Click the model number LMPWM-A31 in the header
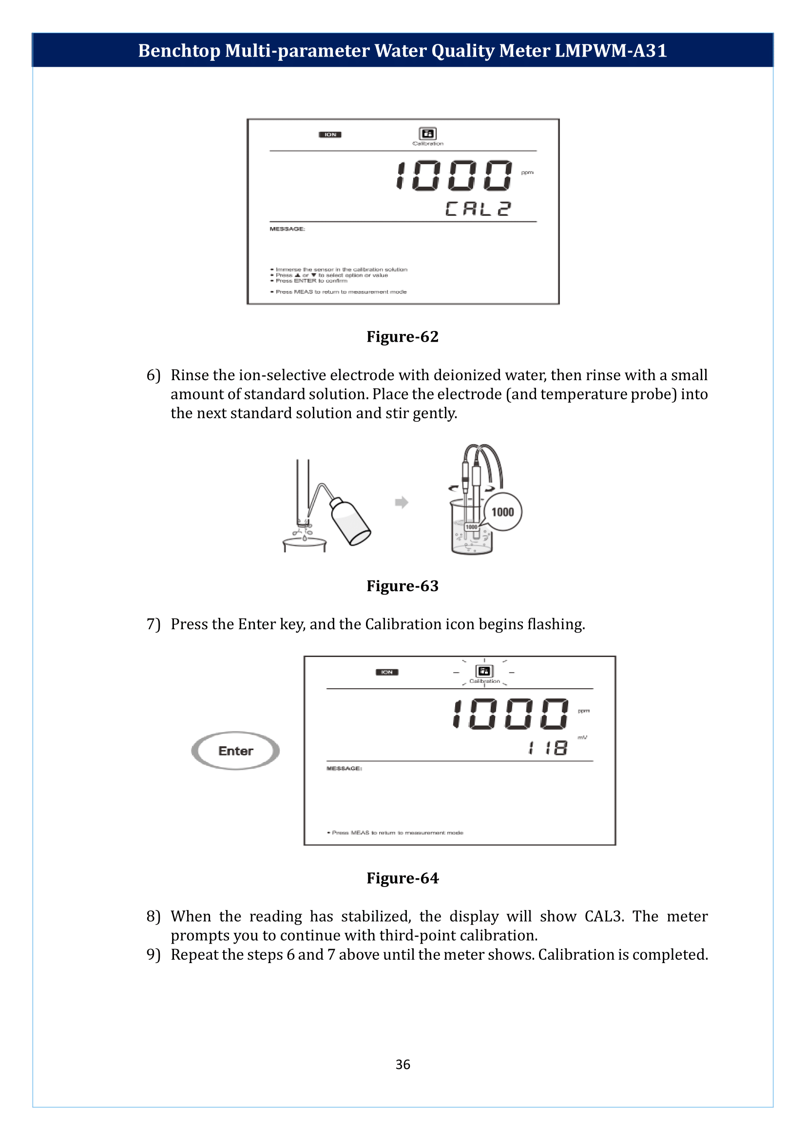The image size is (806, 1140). tap(610, 51)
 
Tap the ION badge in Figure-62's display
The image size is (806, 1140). tap(330, 135)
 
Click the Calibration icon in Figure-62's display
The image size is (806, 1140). tap(427, 134)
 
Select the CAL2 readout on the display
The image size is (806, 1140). tap(478, 209)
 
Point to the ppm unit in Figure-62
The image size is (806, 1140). tap(527, 173)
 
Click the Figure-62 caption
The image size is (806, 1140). tap(402, 337)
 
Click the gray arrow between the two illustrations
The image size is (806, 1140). tap(401, 502)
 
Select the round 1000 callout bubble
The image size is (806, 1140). tap(502, 512)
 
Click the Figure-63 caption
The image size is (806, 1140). tap(402, 586)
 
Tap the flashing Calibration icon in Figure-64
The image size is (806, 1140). tap(484, 671)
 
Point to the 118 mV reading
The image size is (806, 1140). tap(548, 748)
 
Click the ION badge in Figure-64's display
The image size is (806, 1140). tap(386, 672)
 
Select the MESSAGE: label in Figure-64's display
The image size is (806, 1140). tap(344, 769)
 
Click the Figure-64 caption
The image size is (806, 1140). tap(402, 878)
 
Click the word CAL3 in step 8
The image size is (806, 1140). tap(603, 916)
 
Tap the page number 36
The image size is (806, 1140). tap(403, 1064)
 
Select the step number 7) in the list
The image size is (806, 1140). tap(154, 624)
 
